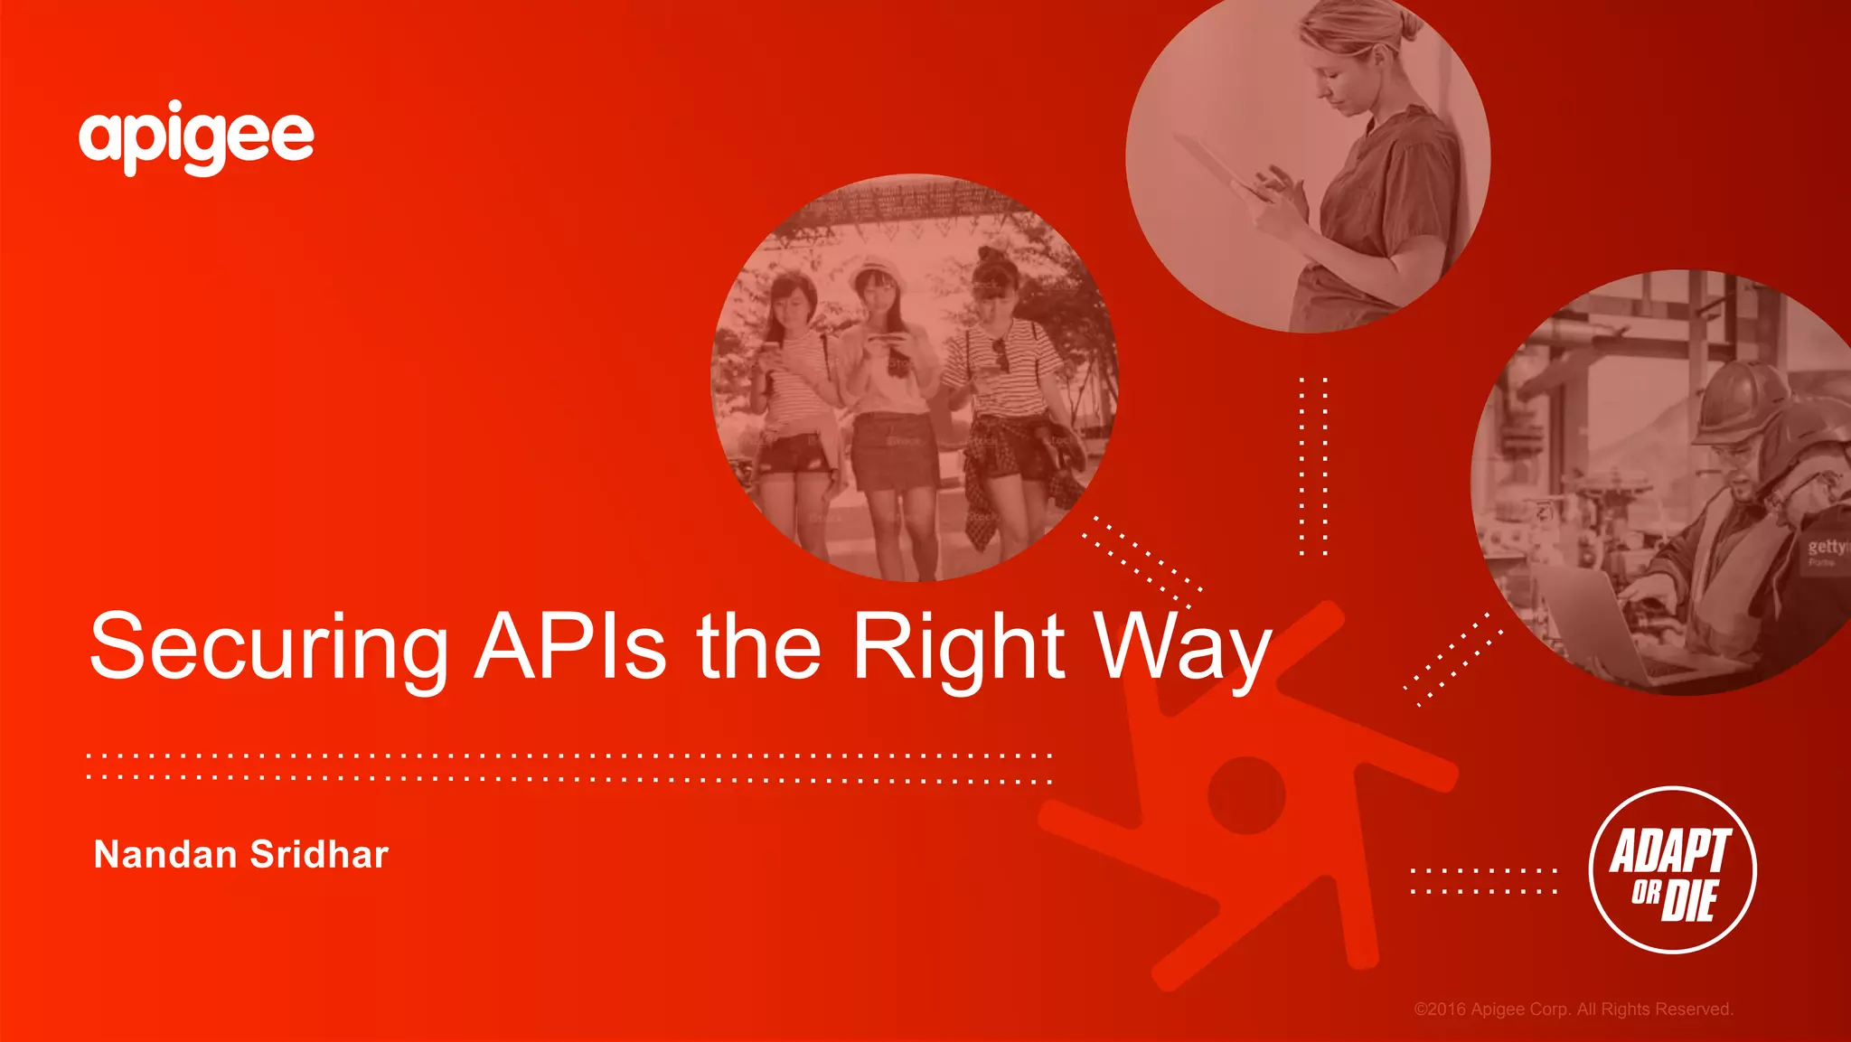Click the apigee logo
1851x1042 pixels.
click(196, 138)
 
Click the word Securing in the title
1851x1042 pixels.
click(268, 648)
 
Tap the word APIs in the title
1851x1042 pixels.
click(570, 646)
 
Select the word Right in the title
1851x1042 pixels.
click(959, 648)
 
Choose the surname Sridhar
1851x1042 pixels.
click(319, 855)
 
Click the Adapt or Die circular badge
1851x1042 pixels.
click(1672, 869)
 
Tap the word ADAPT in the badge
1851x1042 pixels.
click(1669, 851)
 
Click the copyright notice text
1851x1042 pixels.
click(1573, 1009)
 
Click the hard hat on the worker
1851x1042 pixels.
click(1740, 398)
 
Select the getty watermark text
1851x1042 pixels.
click(1828, 547)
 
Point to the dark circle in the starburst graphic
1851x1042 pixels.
click(1246, 795)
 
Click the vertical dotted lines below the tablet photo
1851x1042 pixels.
click(1313, 465)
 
